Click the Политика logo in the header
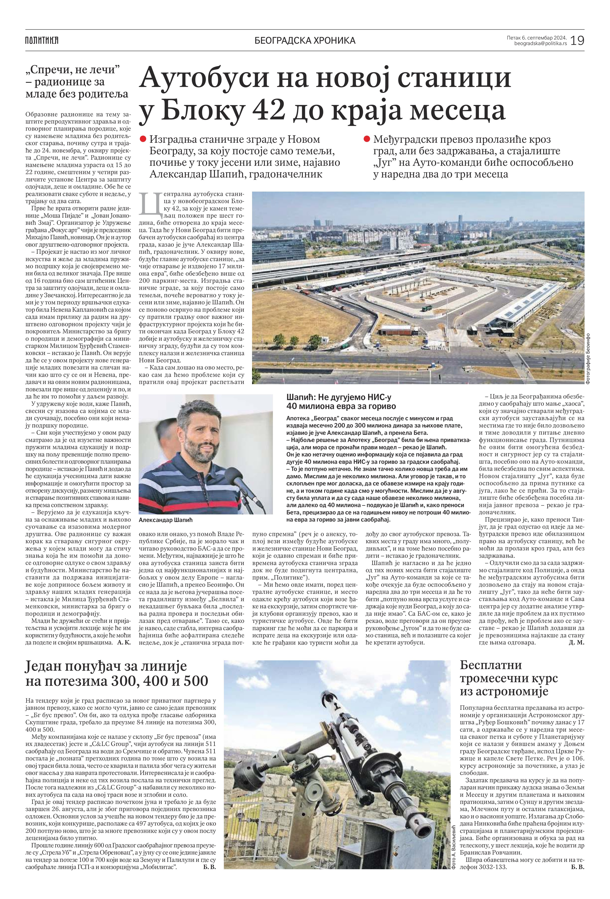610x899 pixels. click(42, 40)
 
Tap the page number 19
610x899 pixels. click(577, 40)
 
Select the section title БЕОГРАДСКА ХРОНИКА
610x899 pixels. click(305, 40)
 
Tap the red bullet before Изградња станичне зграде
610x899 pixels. click(143, 139)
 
